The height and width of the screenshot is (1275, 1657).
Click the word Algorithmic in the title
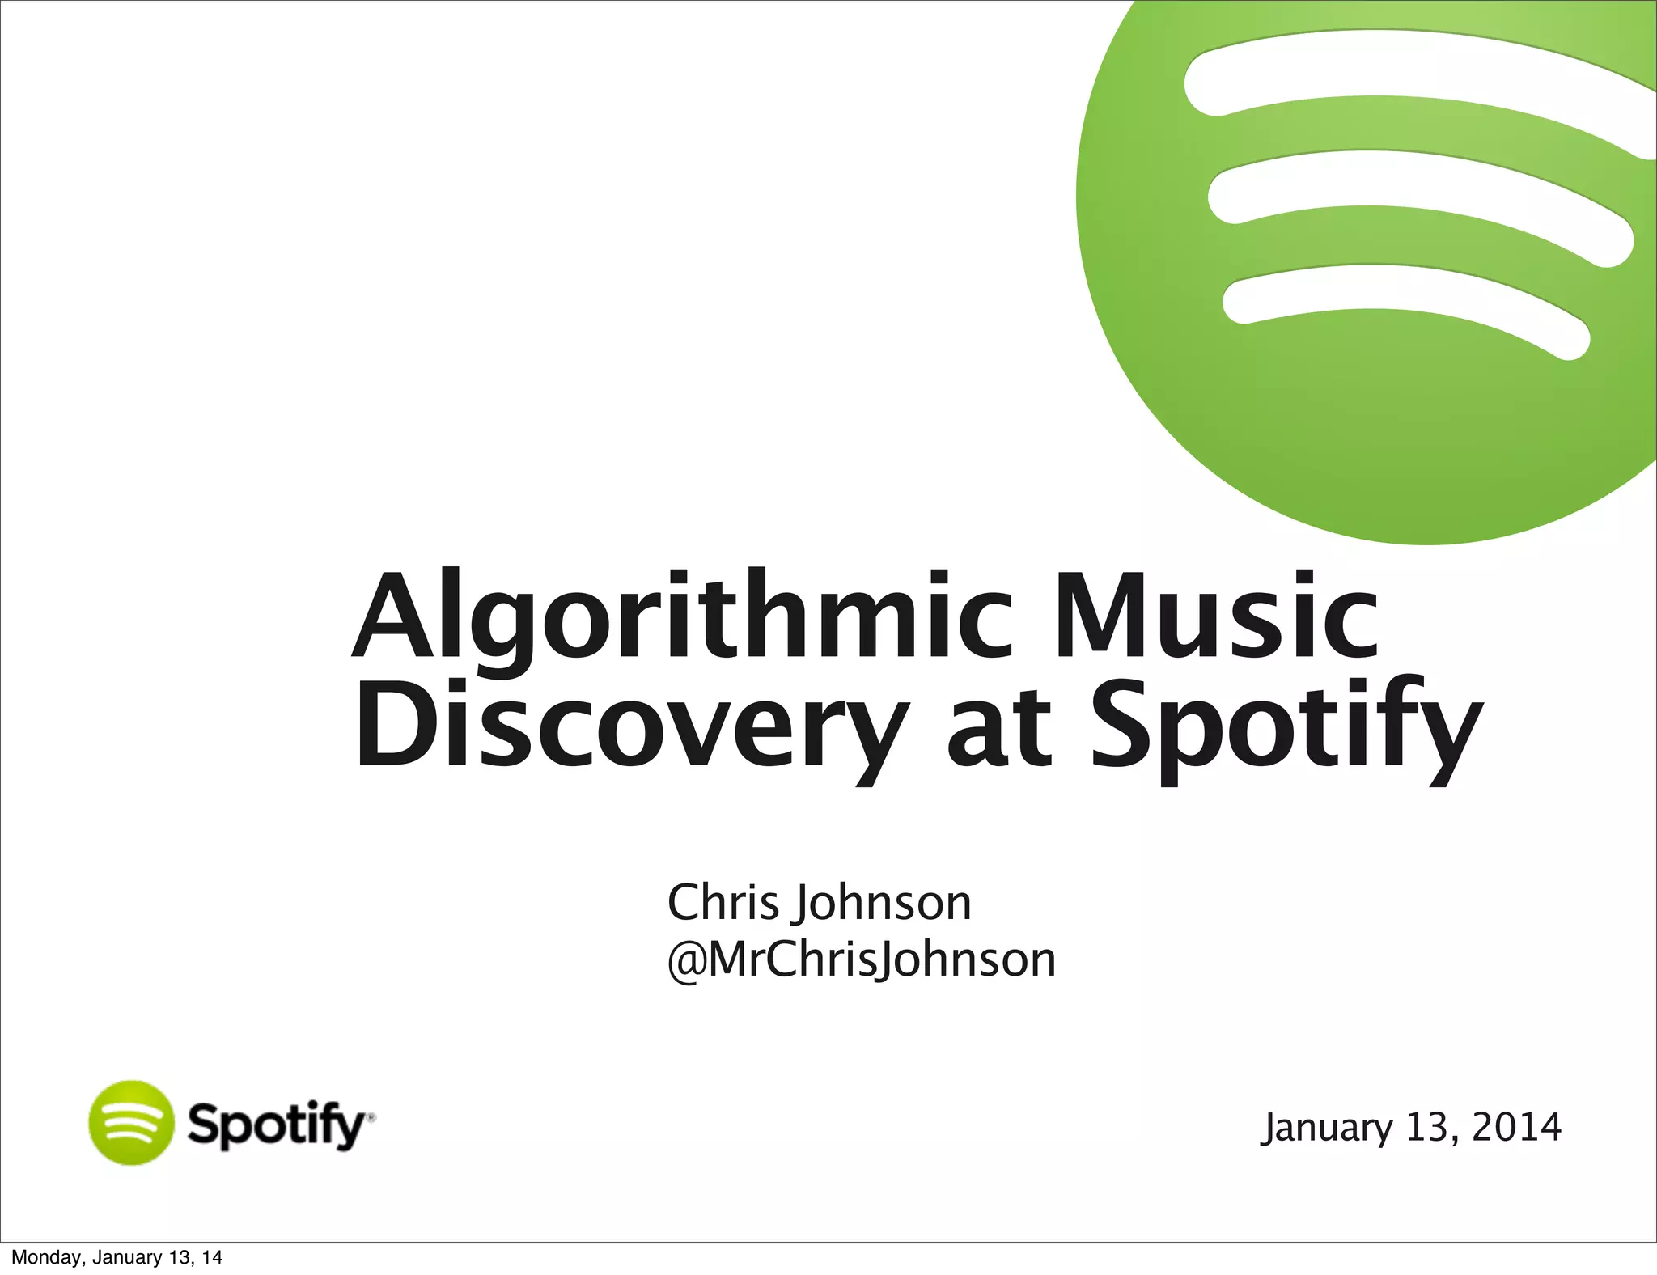pyautogui.click(x=684, y=619)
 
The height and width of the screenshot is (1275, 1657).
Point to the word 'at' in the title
pyautogui.click(x=999, y=728)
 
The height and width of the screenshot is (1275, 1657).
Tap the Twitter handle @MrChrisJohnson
pyautogui.click(x=862, y=960)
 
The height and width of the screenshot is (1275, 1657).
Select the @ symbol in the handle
pyautogui.click(x=686, y=962)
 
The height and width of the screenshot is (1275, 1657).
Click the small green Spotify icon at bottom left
pyautogui.click(x=131, y=1123)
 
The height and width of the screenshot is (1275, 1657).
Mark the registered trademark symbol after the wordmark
pyautogui.click(x=371, y=1117)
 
